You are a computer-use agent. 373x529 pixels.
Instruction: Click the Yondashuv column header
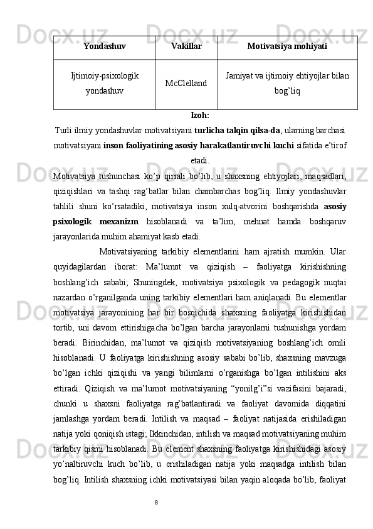(x=104, y=46)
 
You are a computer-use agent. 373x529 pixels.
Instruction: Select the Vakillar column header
(x=186, y=46)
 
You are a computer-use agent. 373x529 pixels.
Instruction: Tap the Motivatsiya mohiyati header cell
(x=287, y=46)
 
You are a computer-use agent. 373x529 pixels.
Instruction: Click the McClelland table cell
(x=186, y=84)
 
